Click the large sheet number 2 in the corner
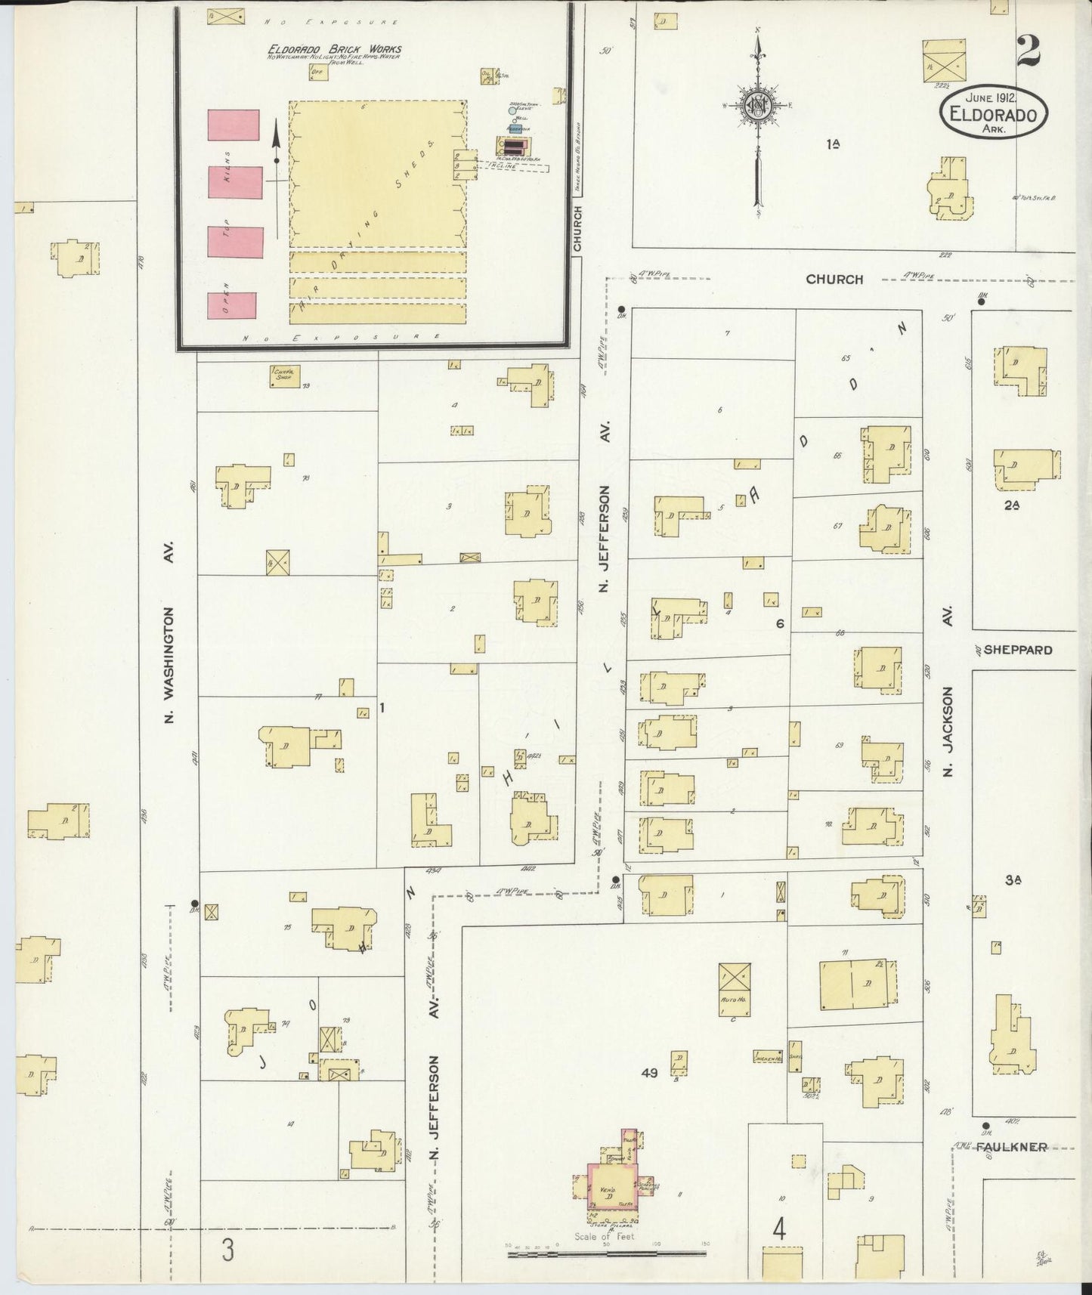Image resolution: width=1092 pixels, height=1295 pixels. click(x=1029, y=52)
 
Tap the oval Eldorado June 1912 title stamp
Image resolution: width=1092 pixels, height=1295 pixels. click(x=993, y=113)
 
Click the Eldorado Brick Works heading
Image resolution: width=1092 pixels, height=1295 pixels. click(x=335, y=50)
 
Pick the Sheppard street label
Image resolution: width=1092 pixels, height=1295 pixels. click(x=1018, y=650)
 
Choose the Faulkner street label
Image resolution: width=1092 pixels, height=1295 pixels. click(x=1010, y=1147)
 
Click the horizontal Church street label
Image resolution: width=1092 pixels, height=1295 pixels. click(x=834, y=279)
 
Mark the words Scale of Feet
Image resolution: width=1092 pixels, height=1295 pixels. click(x=605, y=1237)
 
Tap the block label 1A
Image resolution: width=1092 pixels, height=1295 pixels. click(x=834, y=144)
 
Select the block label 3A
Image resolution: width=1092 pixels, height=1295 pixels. click(x=1013, y=880)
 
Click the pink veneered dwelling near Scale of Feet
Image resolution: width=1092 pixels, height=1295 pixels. click(x=612, y=1186)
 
